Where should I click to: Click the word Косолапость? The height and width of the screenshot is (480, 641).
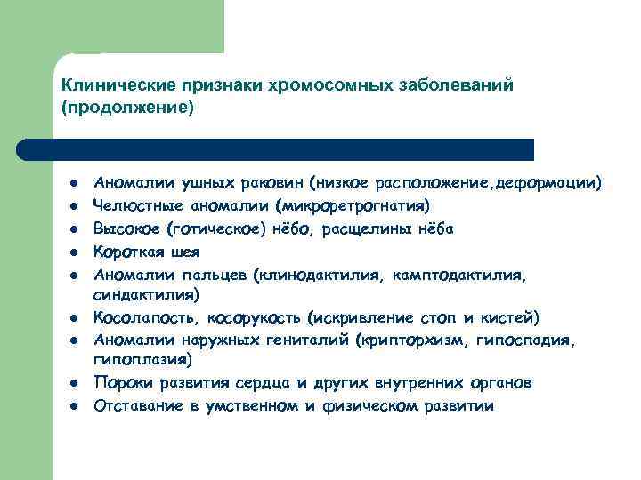coord(148,316)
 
